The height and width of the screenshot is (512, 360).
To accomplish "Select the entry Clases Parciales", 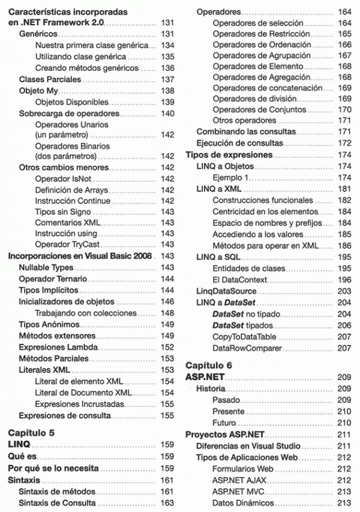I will [46, 79].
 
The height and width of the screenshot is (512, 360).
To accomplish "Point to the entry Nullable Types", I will [46, 267].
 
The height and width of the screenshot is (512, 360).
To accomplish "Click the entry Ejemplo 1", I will [230, 178].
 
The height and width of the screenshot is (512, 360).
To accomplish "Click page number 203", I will [344, 291].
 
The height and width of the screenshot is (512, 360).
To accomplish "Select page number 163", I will [167, 503].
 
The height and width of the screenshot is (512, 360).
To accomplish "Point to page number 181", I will [344, 189].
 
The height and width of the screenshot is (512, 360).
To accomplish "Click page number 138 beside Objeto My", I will [167, 91].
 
